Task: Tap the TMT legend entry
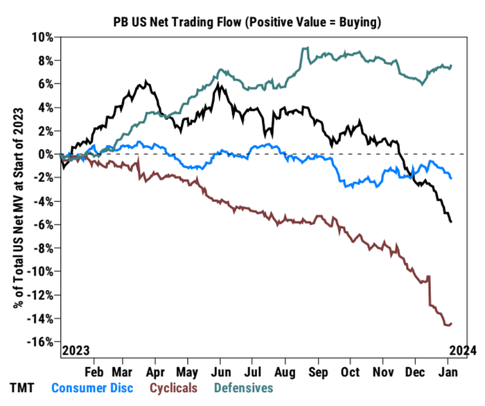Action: (22, 388)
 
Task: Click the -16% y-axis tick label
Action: (41, 342)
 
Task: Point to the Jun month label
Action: (220, 371)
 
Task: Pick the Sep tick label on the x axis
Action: (317, 371)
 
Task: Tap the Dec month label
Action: (415, 371)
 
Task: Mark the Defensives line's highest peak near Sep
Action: (304, 48)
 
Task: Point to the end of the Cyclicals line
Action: (452, 323)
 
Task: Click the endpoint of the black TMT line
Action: (452, 221)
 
